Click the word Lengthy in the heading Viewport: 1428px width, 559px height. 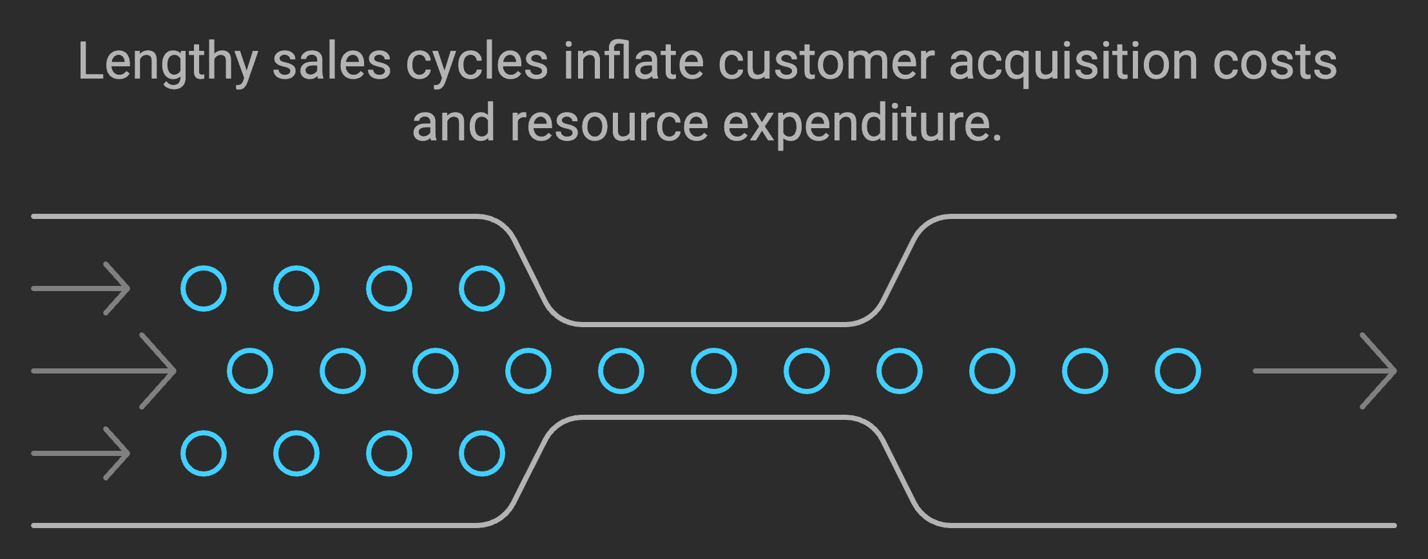click(x=168, y=63)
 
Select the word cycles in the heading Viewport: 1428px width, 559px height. click(x=477, y=63)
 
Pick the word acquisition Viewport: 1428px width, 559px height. click(x=1073, y=63)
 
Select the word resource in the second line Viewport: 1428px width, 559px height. click(x=609, y=124)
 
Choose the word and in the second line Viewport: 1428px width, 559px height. click(x=453, y=123)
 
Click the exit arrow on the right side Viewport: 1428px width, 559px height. click(x=1324, y=371)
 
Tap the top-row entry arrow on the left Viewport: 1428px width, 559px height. click(x=81, y=289)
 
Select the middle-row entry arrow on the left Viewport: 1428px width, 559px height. click(x=104, y=371)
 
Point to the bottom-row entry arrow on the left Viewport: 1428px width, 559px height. click(x=81, y=453)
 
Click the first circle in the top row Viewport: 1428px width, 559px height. click(x=204, y=289)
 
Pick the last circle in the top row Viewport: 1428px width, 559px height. click(x=482, y=289)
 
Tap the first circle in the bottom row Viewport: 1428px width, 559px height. click(x=204, y=453)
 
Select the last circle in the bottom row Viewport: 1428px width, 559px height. click(x=482, y=453)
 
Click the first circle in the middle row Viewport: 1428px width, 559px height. click(x=250, y=371)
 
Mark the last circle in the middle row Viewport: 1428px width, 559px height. click(x=1178, y=371)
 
